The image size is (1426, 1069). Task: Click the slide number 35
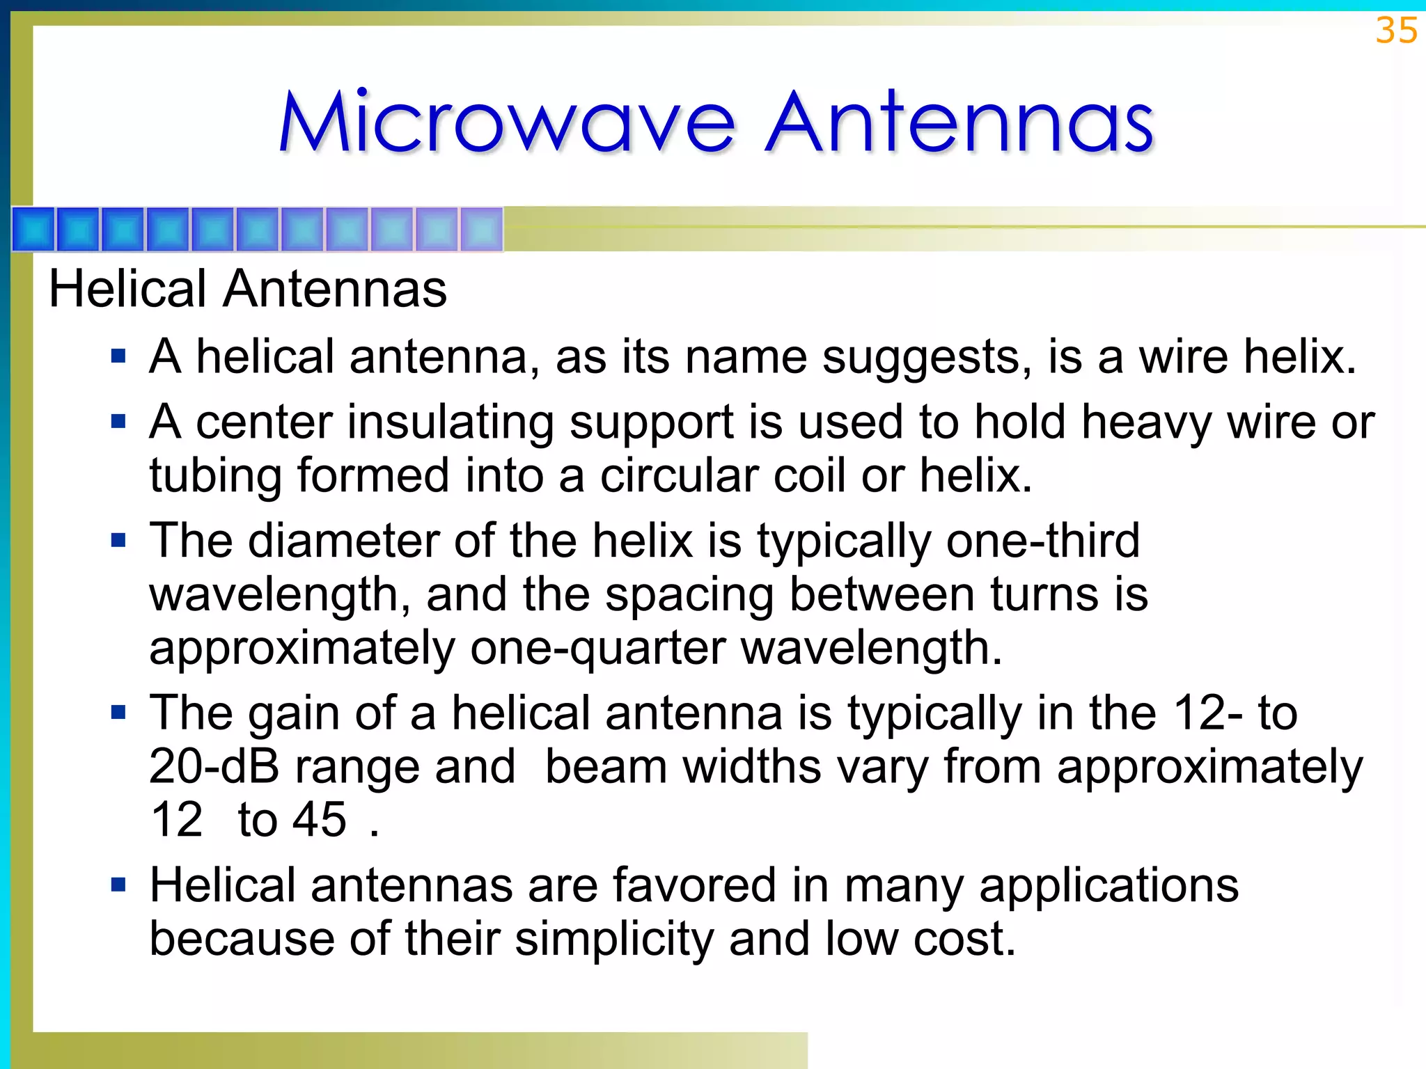coord(1395,31)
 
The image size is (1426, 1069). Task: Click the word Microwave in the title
coord(507,122)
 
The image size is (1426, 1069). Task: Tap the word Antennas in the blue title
coord(959,122)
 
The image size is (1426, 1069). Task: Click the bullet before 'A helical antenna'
coord(118,357)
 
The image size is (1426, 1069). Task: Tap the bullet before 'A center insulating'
coord(118,422)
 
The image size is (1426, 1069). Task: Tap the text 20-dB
coord(214,767)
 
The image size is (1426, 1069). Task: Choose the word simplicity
coord(614,940)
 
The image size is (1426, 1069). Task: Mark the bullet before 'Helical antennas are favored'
coord(118,885)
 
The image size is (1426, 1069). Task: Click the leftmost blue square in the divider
coord(33,229)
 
